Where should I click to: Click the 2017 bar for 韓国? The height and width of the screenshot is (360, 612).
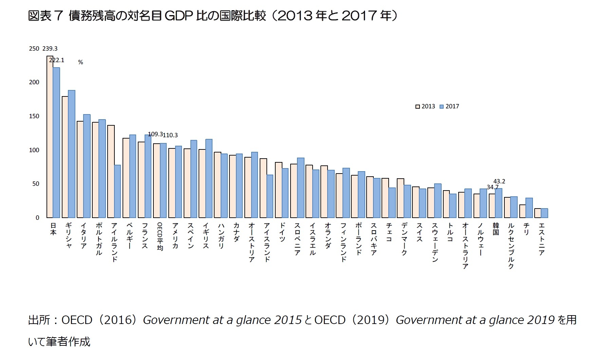(x=499, y=203)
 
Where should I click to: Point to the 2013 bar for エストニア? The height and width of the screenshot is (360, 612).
(x=538, y=213)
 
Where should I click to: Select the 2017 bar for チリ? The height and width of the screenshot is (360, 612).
(x=529, y=208)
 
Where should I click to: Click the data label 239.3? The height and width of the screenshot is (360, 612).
(x=50, y=49)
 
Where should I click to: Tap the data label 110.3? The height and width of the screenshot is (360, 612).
(x=170, y=135)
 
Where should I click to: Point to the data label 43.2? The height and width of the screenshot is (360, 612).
(x=499, y=181)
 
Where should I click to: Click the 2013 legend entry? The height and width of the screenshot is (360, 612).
(x=425, y=106)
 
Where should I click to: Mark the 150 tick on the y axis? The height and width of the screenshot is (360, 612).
(x=34, y=116)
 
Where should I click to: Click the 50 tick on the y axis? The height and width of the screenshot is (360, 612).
(x=35, y=184)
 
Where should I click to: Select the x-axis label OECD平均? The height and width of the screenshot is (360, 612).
(x=160, y=237)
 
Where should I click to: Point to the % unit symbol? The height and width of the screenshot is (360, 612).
(x=80, y=62)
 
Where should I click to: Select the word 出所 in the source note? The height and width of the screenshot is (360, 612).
(x=39, y=320)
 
